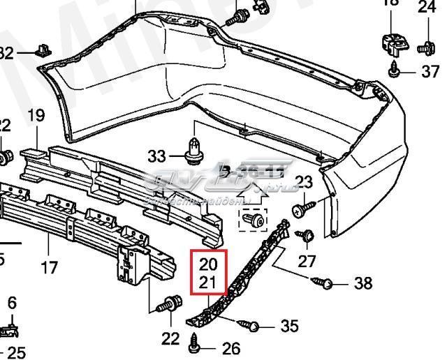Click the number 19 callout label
[36, 115]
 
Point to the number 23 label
[304, 183]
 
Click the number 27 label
[307, 261]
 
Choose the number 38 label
[363, 283]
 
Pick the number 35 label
[289, 326]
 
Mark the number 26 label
[230, 348]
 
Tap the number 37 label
[431, 71]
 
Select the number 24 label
[426, 8]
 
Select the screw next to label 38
[327, 283]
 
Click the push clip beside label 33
[193, 149]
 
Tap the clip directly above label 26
[196, 342]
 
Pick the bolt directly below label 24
[424, 47]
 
